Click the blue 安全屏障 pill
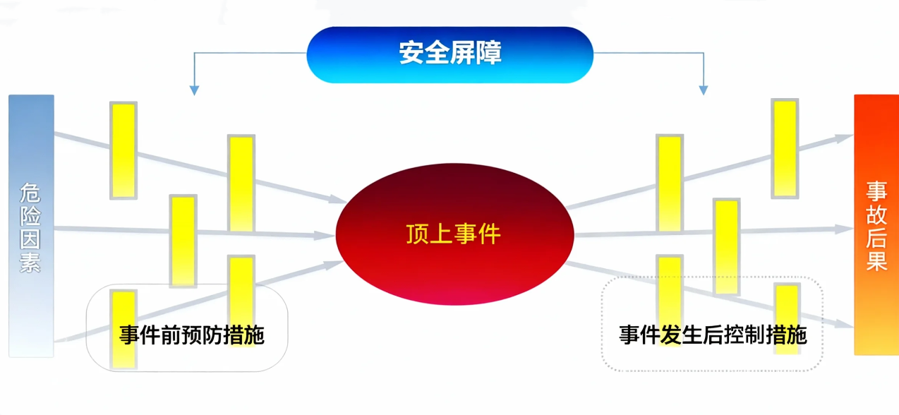450,55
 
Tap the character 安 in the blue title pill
411,52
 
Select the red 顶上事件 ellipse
454,234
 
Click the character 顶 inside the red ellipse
418,234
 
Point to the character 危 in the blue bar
30,193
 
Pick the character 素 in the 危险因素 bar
30,263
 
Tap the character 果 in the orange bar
876,261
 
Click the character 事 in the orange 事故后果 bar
876,191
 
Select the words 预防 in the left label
202,335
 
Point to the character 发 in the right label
670,335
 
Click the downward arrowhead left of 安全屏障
194,90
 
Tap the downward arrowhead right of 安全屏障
703,90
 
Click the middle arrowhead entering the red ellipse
325,236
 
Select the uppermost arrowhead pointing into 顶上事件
338,199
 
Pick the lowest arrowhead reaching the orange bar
844,323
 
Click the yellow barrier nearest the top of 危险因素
123,150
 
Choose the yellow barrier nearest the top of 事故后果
785,148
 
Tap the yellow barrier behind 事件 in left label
123,329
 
